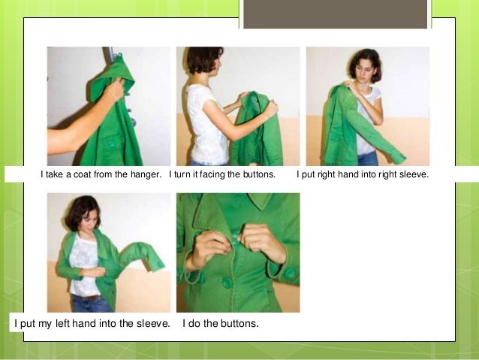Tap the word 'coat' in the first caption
click(78, 175)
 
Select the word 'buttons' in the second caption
click(257, 175)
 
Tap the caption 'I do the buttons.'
click(221, 324)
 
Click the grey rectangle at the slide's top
click(336, 14)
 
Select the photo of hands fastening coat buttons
click(237, 253)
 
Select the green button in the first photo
click(112, 142)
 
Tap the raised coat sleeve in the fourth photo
click(143, 256)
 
